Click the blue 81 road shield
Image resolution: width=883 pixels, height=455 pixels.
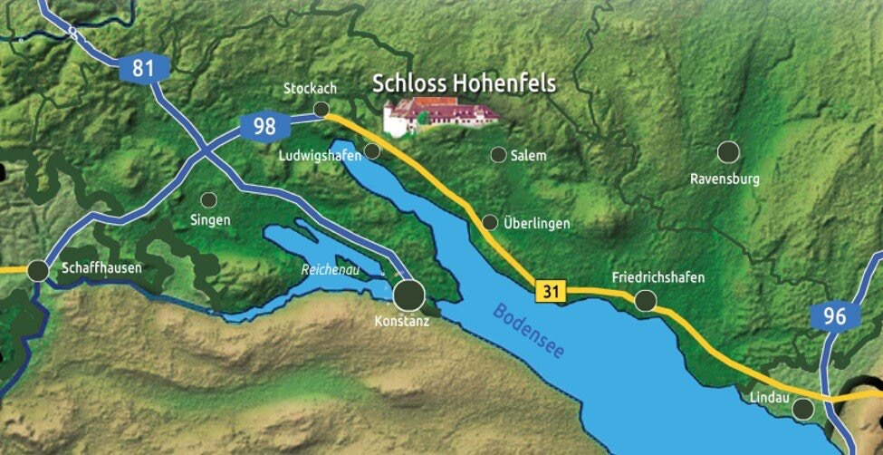(x=142, y=67)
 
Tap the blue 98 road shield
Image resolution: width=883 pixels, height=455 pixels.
(x=264, y=126)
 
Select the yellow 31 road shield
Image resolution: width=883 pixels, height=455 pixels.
(x=550, y=291)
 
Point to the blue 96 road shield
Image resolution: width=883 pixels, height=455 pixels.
(x=835, y=316)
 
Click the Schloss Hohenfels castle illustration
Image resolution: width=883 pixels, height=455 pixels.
(x=439, y=116)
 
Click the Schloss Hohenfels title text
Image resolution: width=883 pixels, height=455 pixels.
(x=464, y=84)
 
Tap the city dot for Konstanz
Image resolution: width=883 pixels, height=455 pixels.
(x=410, y=294)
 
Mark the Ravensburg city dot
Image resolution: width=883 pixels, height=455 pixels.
(x=727, y=151)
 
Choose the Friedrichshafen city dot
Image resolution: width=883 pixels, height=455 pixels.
(x=646, y=300)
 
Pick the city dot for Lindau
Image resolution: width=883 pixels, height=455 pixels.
(x=802, y=410)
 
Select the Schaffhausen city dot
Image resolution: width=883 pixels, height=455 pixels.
(x=38, y=270)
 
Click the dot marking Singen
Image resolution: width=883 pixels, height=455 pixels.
(x=208, y=199)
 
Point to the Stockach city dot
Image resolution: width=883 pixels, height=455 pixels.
(x=322, y=109)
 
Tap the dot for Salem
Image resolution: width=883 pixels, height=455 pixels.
(x=498, y=155)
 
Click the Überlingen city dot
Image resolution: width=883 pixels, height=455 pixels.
(x=490, y=222)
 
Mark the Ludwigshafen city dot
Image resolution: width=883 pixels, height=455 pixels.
(x=372, y=151)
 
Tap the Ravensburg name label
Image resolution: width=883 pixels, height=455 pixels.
(x=725, y=179)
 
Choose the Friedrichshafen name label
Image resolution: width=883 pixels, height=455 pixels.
(x=657, y=277)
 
